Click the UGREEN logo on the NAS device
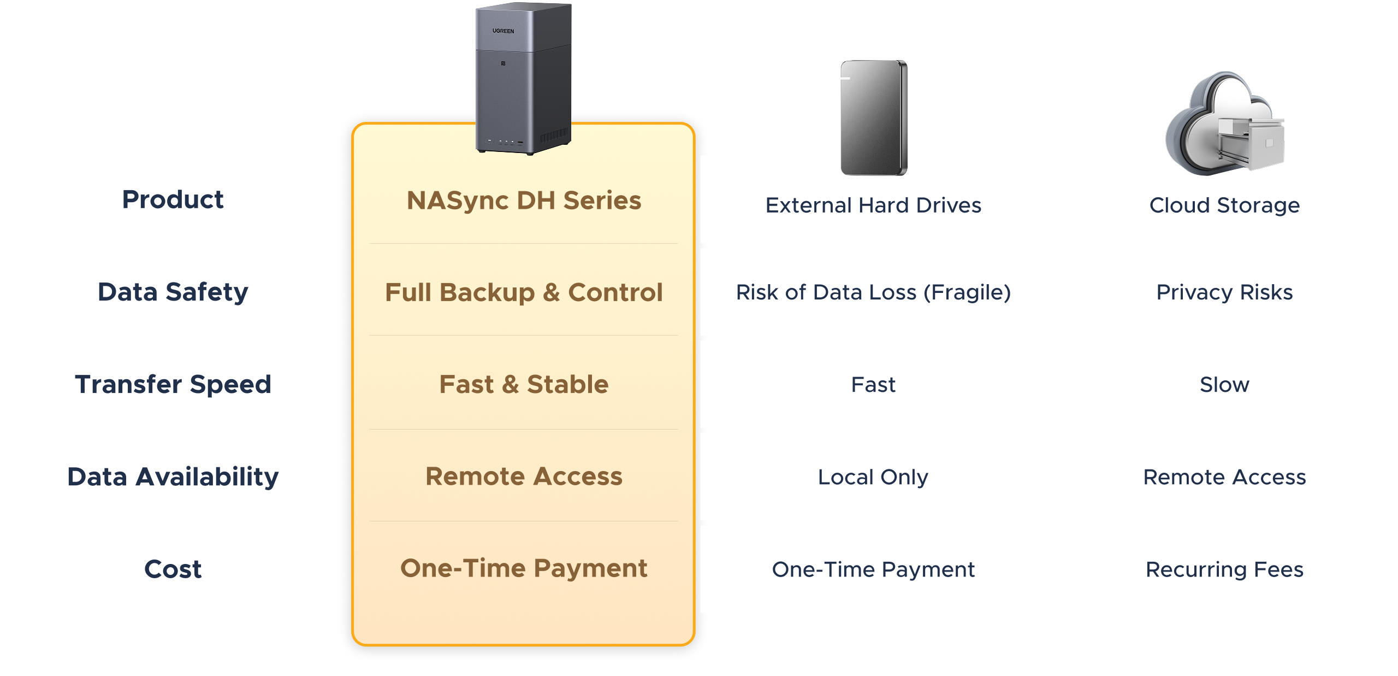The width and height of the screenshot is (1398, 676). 503,31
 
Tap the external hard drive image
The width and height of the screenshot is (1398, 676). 874,118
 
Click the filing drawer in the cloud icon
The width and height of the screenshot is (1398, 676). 1251,142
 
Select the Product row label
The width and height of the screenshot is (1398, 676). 173,199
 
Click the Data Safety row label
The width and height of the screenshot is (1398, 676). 173,292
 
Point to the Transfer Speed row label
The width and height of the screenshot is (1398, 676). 173,384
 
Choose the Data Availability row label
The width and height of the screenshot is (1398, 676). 173,477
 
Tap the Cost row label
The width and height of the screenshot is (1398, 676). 173,569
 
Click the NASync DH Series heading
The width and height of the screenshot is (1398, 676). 524,201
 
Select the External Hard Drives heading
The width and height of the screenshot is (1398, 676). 873,205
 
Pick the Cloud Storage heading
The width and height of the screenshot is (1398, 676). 1224,205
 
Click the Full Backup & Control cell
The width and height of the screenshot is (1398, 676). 524,292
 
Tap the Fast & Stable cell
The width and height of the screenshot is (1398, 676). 524,384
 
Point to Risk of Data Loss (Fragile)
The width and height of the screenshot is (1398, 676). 873,292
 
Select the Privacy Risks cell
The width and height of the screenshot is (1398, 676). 1224,292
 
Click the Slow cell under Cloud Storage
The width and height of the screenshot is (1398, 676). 1224,385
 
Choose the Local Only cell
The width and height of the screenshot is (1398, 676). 873,477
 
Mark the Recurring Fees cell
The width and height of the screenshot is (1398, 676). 1224,569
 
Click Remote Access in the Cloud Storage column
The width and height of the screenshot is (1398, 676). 1224,477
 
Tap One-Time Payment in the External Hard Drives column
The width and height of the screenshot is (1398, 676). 873,569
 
